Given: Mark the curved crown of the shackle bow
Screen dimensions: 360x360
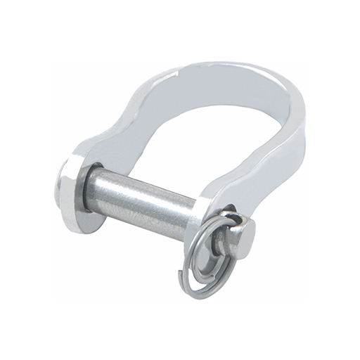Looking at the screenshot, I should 232,70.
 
